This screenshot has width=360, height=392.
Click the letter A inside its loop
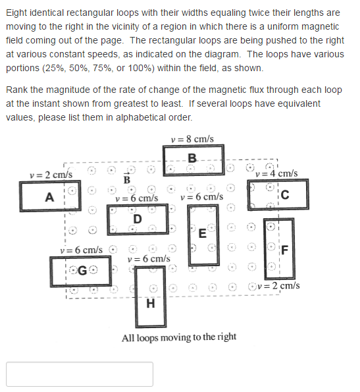click(49, 197)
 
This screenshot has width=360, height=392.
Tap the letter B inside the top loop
click(192, 157)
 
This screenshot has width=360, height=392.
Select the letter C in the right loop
click(284, 194)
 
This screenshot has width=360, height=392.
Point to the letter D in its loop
click(137, 219)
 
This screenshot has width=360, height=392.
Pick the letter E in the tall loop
click(203, 234)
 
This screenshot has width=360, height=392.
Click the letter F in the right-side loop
click(284, 249)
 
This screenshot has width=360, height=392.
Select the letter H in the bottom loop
click(151, 304)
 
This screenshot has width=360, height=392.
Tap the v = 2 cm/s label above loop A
click(51, 175)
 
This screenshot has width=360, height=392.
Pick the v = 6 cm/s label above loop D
click(136, 197)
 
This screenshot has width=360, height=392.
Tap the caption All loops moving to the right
click(179, 337)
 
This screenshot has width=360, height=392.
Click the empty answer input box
click(80, 374)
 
